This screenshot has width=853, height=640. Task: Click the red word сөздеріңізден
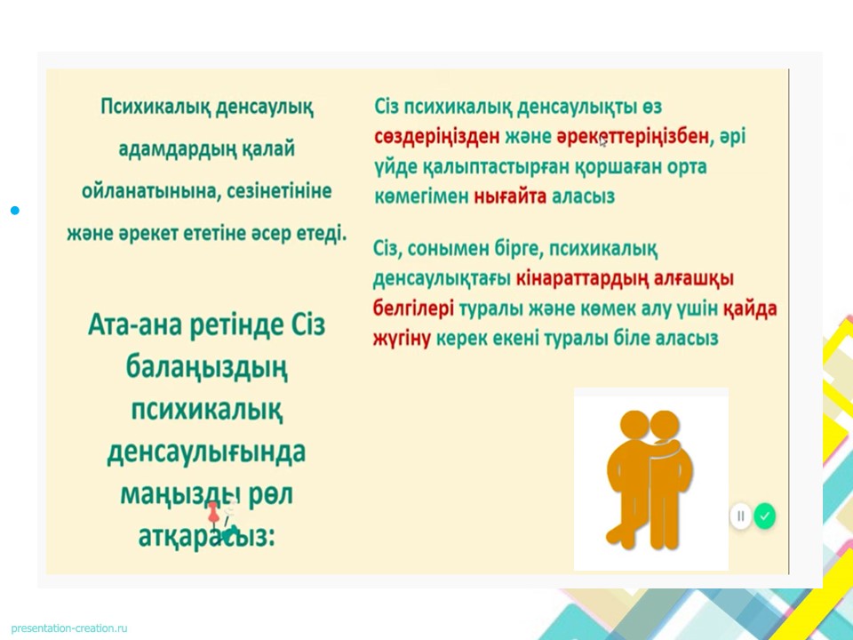coord(437,137)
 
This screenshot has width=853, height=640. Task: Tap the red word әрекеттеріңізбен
coord(634,137)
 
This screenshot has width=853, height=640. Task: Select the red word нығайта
coord(510,196)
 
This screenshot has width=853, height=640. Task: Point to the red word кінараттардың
coord(581,278)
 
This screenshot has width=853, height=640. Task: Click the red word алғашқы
coord(694,278)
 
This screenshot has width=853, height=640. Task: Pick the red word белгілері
coord(413,308)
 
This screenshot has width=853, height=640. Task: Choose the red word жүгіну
coord(402,339)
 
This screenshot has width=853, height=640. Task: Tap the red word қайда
coord(750,308)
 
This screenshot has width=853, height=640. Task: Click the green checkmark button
coord(764,516)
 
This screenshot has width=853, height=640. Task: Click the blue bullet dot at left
coord(15,210)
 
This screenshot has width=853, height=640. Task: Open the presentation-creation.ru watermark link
coord(69,628)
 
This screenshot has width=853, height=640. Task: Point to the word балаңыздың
coord(206,368)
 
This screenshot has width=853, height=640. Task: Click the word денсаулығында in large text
coord(206,452)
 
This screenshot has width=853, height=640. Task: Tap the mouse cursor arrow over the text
coord(602,141)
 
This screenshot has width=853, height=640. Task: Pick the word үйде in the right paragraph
coord(395,166)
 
